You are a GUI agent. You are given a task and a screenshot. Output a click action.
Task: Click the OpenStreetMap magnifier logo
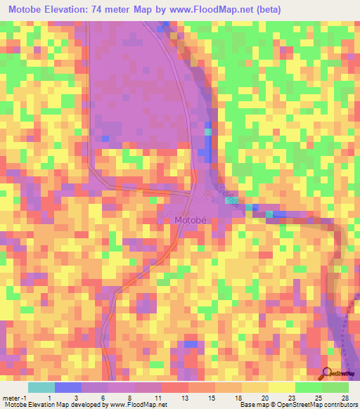point(328,373)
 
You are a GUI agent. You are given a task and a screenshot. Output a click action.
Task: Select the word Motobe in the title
point(27,9)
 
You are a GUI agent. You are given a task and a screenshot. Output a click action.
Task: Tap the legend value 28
point(344,398)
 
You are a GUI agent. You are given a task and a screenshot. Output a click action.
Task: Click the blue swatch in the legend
point(67,387)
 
